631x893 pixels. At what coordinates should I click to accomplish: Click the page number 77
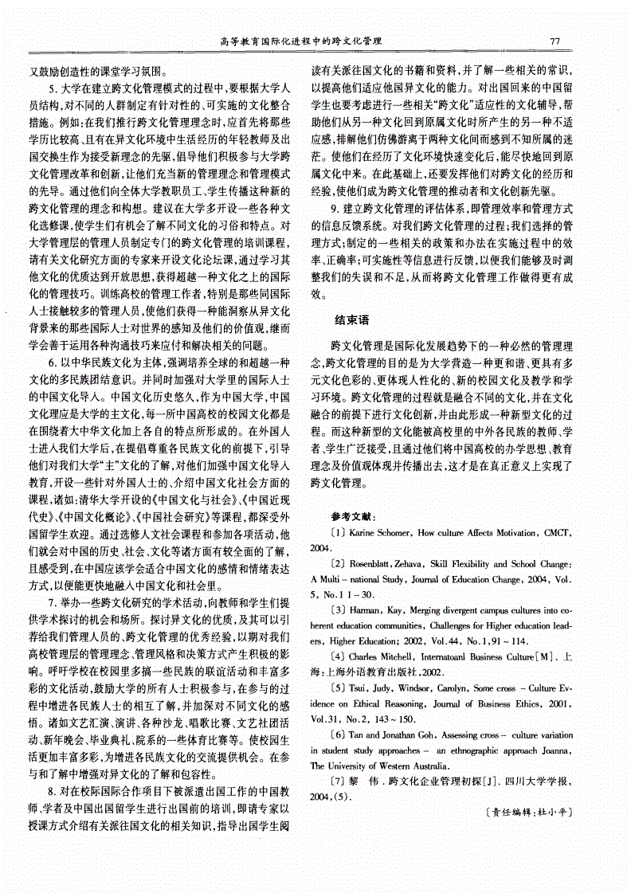click(x=557, y=41)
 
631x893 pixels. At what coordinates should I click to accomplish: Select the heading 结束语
click(x=351, y=321)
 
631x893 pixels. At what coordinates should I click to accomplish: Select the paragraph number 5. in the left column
click(x=53, y=88)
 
